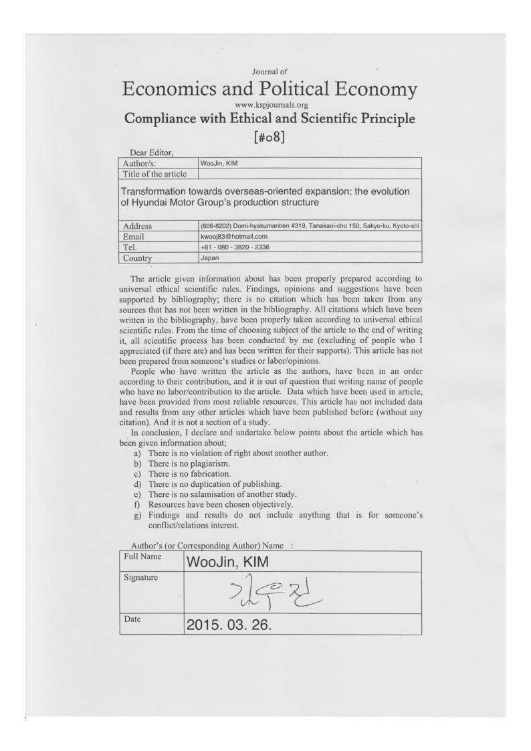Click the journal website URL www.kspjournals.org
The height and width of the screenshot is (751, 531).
[271, 105]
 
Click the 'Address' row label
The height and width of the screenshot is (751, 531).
[137, 226]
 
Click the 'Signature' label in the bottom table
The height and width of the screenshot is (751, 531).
[141, 577]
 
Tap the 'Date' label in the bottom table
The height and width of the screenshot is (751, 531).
[132, 619]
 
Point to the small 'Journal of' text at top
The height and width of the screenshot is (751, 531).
[270, 72]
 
